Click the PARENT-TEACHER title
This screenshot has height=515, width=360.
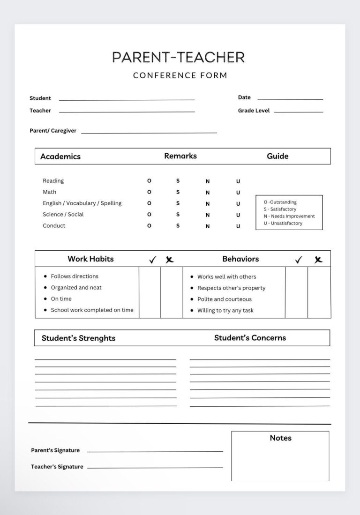[x=178, y=57]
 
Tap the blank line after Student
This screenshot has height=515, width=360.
[x=127, y=99]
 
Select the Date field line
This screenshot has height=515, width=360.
[x=290, y=99]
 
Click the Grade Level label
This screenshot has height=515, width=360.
[x=254, y=111]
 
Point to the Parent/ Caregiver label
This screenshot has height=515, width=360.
[x=53, y=131]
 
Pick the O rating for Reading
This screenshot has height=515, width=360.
[x=149, y=180]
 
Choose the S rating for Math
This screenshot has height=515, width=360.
[x=178, y=192]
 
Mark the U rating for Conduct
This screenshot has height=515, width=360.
[x=238, y=226]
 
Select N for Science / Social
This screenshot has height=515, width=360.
[x=208, y=215]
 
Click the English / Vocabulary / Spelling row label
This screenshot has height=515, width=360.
[x=82, y=203]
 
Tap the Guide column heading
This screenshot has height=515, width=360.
[x=277, y=156]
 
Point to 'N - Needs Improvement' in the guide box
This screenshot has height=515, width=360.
[x=289, y=216]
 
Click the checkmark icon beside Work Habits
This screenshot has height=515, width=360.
[x=152, y=260]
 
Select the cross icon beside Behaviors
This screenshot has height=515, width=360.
[x=318, y=259]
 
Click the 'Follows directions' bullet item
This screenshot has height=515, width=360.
[x=75, y=276]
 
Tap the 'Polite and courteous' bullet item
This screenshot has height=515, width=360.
[x=224, y=299]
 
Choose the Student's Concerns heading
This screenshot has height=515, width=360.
[x=250, y=337]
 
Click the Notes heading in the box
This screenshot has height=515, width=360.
[x=280, y=438]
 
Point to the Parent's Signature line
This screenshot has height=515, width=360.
[x=155, y=451]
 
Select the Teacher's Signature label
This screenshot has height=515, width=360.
[x=57, y=467]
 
